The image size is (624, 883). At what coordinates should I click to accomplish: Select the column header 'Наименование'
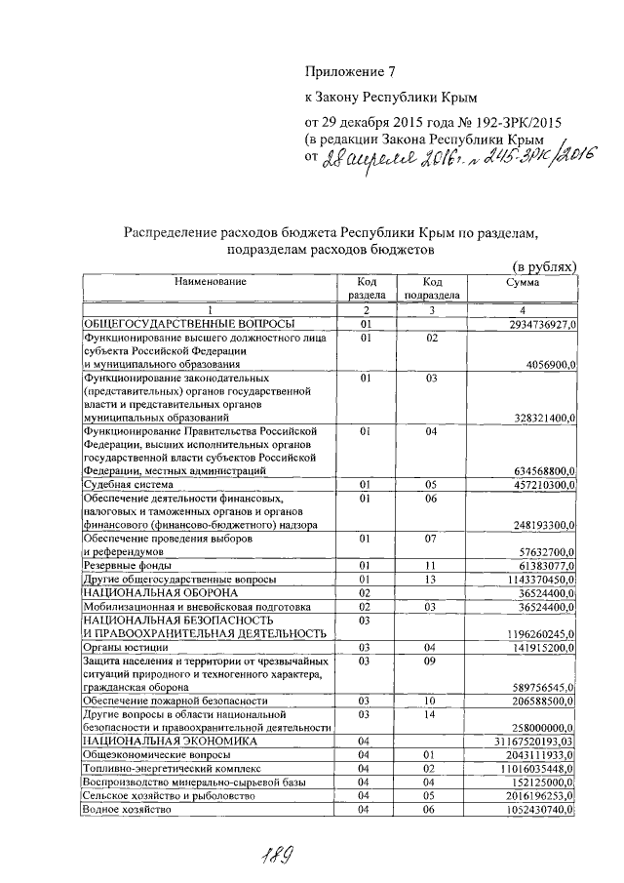pos(211,282)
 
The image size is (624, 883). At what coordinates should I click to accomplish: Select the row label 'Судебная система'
pos(128,484)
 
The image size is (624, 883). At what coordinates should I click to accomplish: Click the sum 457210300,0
pos(540,484)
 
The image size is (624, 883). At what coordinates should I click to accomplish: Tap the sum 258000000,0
pos(540,727)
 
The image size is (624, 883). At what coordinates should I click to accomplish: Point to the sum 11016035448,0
pos(535,768)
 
